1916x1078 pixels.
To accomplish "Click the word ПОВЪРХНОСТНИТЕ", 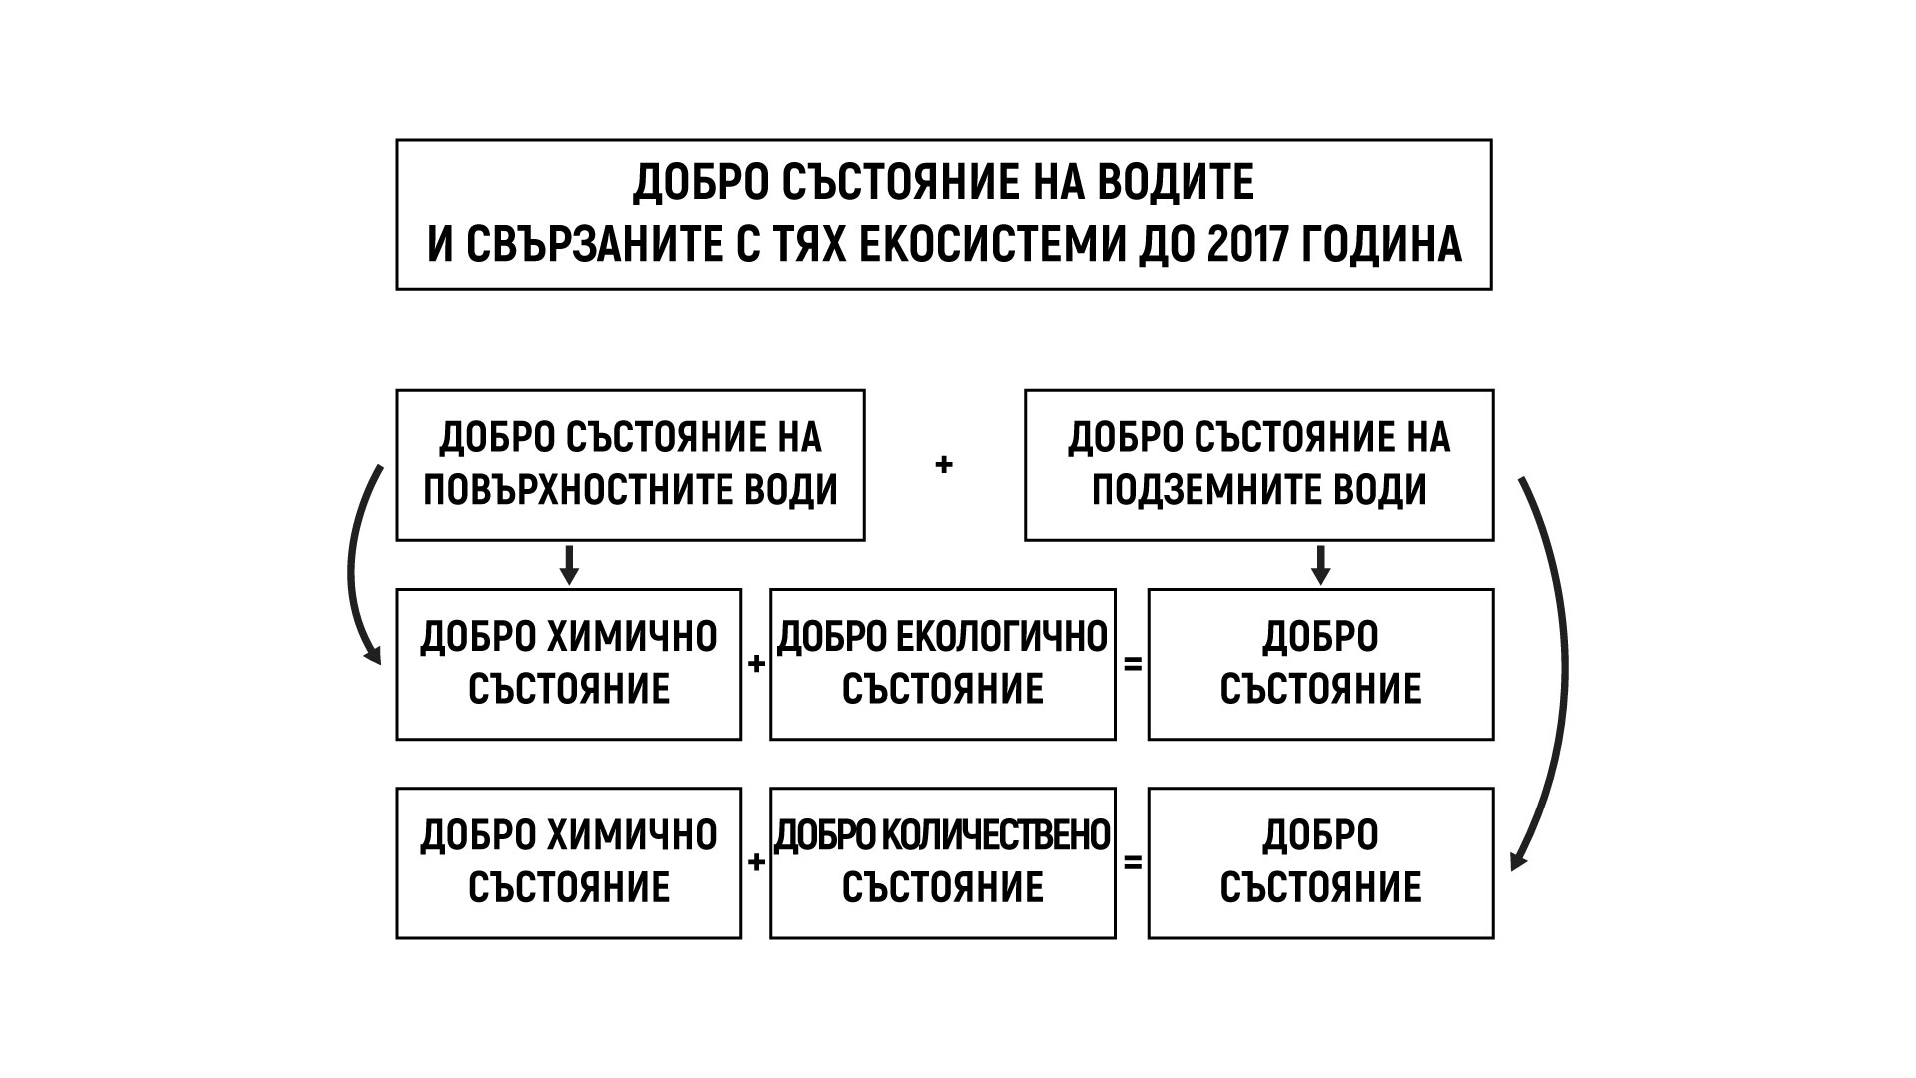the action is [x=579, y=490].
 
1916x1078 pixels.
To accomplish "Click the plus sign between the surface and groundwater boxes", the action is [x=944, y=465].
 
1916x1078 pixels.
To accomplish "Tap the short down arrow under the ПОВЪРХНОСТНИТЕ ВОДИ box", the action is [x=569, y=565].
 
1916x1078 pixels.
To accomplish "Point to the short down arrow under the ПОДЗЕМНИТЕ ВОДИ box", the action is [x=1321, y=565].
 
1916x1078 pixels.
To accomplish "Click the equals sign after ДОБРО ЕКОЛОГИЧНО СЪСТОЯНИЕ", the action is [x=1132, y=664].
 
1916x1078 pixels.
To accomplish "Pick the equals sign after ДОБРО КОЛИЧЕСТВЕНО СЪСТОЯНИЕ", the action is [x=1132, y=862].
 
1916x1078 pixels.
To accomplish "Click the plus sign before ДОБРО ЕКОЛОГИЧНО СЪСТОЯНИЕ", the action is [x=756, y=664].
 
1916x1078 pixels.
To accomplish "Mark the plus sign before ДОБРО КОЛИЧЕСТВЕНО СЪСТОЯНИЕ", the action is [x=756, y=862].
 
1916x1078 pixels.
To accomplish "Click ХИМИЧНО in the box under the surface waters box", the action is [x=631, y=637].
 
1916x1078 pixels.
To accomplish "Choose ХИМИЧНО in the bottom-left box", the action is [x=631, y=835].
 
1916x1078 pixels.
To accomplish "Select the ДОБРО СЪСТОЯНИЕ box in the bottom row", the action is [x=1320, y=862].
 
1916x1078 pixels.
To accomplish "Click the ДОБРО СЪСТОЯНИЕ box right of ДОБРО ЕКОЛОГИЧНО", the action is [x=1320, y=664].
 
